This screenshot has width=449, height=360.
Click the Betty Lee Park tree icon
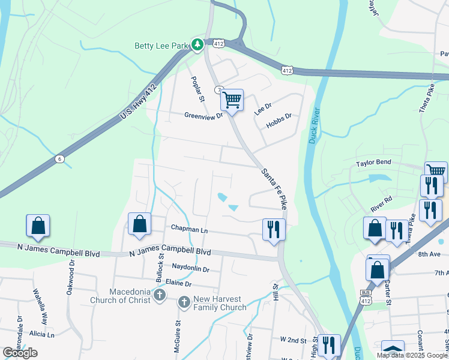coord(197,44)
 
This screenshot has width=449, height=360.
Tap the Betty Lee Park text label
coord(160,44)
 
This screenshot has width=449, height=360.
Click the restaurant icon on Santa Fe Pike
coord(273,229)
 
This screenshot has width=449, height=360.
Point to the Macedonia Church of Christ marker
coord(159,295)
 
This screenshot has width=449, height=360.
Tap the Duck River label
coord(314,125)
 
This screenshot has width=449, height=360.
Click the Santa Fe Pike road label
coord(273,188)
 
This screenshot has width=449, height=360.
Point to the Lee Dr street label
coord(263,108)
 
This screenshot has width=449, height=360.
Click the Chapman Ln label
coord(189,229)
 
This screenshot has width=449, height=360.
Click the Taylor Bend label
coord(373,163)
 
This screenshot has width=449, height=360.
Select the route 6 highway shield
coord(59,158)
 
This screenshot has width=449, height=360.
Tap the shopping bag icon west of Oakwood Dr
coord(38,226)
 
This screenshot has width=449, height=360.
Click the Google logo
coord(20,353)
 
